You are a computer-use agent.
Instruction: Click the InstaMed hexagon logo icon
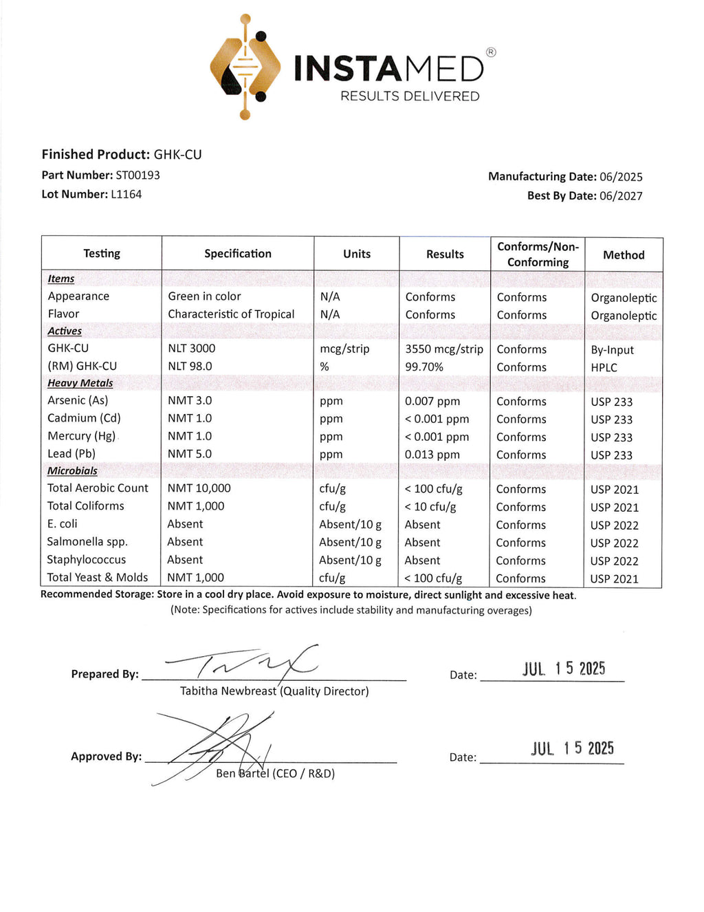245,67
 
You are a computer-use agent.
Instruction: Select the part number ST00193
137,175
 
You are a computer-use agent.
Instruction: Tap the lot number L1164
126,195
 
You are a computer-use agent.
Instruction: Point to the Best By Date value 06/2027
621,196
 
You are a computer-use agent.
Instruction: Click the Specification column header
238,254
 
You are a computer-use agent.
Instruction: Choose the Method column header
624,255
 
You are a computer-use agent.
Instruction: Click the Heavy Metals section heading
80,383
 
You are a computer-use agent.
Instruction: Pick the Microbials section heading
72,471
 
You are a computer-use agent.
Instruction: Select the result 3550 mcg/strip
444,349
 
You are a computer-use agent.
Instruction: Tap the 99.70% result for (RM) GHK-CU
424,367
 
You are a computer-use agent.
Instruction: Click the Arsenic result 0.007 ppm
432,402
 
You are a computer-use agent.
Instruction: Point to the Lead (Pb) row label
71,454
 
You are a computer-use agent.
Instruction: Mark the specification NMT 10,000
199,488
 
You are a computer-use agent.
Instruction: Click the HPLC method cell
604,368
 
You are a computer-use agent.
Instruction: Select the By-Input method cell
613,350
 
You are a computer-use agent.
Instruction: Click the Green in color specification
204,296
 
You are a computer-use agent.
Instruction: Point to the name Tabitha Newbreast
228,691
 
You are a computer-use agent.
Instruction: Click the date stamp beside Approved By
572,748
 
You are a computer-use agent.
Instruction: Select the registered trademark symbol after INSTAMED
491,52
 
